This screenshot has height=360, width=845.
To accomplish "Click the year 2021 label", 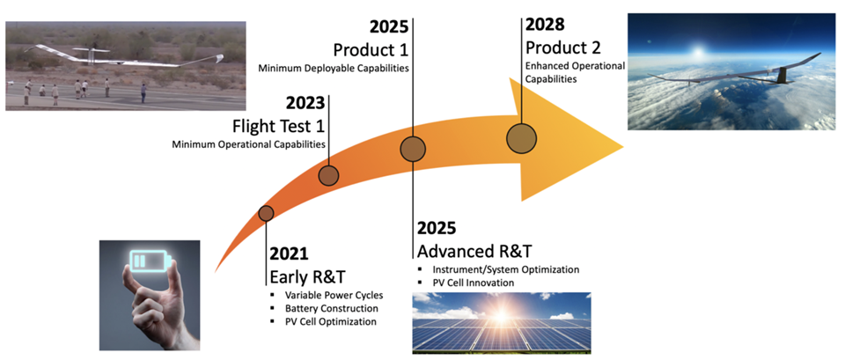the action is coord(289,254).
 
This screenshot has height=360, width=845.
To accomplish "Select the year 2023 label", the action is coord(305,104).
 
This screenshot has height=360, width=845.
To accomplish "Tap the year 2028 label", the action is coord(545,25).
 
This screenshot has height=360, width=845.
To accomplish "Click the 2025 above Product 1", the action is coord(388,26).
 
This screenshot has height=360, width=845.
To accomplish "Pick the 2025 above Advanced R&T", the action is coord(437,228).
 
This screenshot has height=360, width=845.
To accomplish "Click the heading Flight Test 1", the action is coord(278,127).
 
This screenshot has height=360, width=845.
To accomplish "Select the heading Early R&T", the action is coord(307,277).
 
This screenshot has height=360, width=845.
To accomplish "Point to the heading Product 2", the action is coord(563,48).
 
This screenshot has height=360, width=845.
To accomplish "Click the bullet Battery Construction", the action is coord(332,309).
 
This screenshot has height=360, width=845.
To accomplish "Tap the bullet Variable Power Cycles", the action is coord(334,296).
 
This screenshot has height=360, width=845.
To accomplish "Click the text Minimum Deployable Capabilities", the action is coord(333,69).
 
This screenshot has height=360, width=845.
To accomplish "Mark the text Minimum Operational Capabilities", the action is coord(248,144).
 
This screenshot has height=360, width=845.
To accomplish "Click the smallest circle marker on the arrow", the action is coord(266,213).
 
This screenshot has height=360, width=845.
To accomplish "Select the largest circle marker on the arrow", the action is coord(522,138).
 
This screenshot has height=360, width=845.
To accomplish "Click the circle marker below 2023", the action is coord(328,175).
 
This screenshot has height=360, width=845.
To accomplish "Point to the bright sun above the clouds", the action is coord(700,52).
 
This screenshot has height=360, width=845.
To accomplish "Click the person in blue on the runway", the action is coord(143,92).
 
